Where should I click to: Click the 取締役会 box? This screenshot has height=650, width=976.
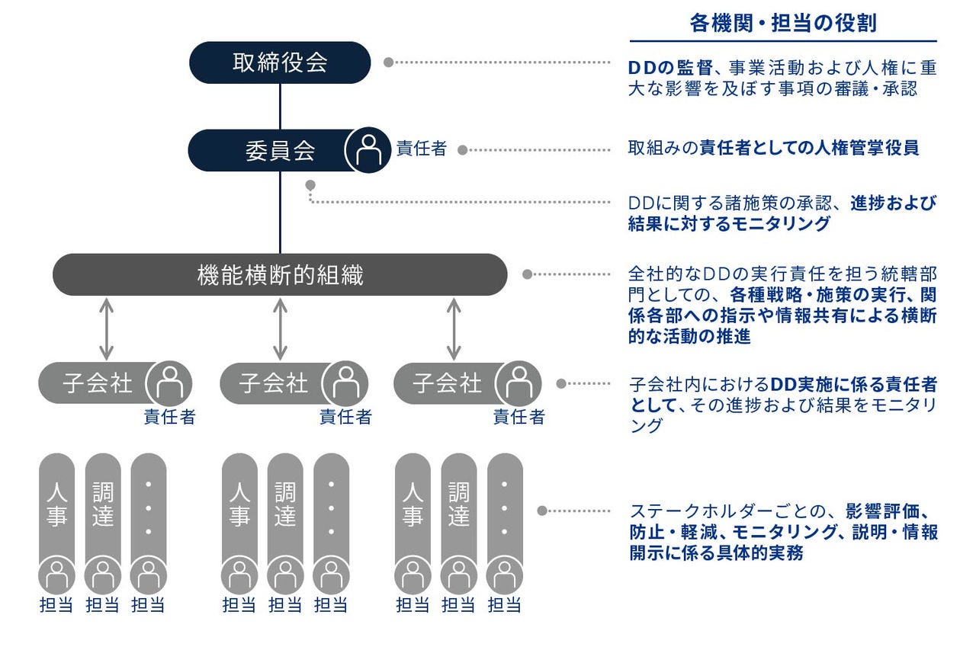[x=280, y=62]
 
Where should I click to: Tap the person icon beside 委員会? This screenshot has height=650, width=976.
[x=369, y=150]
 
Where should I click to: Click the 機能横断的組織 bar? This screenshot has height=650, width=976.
[x=280, y=275]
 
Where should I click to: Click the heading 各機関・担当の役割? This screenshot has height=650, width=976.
[x=783, y=23]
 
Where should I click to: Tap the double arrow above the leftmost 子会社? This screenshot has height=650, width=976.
[x=106, y=328]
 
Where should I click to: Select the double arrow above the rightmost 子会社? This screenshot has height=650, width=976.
[x=454, y=328]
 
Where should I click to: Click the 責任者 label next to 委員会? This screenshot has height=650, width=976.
[x=422, y=149]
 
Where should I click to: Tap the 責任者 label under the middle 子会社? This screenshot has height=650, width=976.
[x=345, y=417]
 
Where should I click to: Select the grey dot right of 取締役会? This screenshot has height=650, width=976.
[x=388, y=62]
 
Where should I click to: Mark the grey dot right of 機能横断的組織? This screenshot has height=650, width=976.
[x=527, y=274]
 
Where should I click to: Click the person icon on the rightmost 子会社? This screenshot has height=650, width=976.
[x=519, y=383]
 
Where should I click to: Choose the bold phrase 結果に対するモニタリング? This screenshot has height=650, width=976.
[x=729, y=224]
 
